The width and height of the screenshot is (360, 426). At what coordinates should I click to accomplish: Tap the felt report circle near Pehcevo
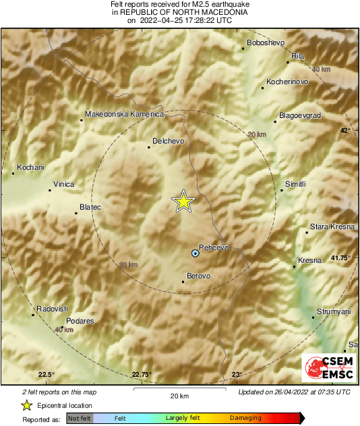coord(196,253)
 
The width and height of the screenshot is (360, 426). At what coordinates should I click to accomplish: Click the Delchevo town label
coord(169,140)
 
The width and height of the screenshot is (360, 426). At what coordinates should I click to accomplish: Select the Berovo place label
coord(198,276)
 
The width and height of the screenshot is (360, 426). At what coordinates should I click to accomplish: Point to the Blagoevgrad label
coord(299,115)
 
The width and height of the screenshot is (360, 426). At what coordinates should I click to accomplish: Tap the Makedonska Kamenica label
coord(125,114)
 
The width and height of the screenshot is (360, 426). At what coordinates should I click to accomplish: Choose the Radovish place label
coord(52,308)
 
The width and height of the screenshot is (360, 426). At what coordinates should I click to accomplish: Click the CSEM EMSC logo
coord(326,369)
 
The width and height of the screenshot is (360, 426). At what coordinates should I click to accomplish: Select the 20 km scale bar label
coord(179,395)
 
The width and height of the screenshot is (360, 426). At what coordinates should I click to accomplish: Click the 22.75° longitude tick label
coord(141,375)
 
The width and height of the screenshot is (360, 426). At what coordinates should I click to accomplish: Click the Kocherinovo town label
coord(287,82)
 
